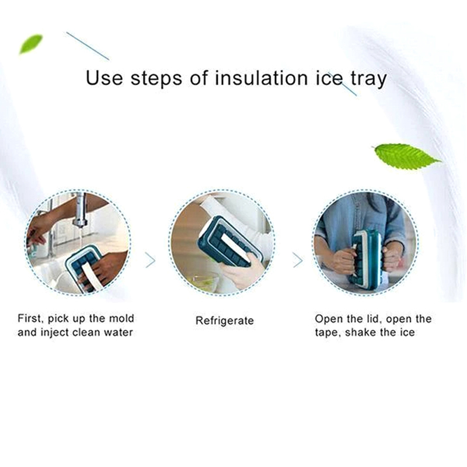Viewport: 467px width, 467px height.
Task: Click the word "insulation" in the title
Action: coord(261,78)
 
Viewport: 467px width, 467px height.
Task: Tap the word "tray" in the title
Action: coord(369,79)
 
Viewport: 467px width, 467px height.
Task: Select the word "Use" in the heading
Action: coord(104,78)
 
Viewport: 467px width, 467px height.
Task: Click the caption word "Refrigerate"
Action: coord(225,320)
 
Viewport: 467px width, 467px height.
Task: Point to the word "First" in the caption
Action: coord(28,319)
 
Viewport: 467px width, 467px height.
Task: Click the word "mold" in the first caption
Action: coord(121,318)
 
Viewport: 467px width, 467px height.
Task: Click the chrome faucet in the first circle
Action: coord(80,210)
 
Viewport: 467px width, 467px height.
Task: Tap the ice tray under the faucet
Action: coord(83,268)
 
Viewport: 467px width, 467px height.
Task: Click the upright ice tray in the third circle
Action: coord(367,257)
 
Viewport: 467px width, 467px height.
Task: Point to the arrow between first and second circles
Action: coord(151,260)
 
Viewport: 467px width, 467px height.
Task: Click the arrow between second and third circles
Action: coord(298,260)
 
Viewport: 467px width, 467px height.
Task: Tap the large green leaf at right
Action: coord(406,156)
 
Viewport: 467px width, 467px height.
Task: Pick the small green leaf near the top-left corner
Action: coord(31,44)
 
